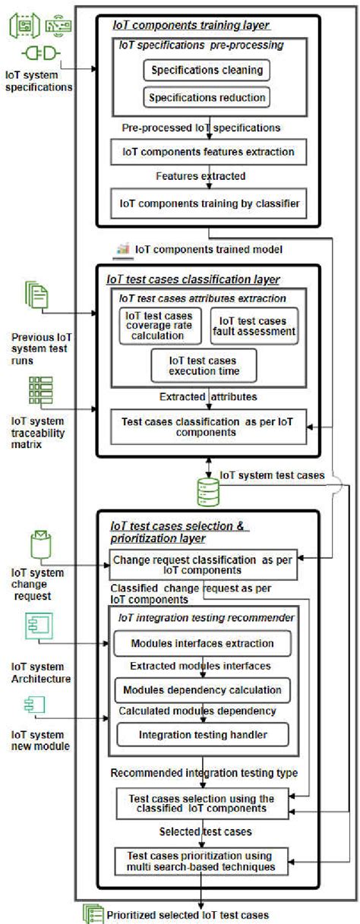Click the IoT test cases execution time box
(x=204, y=365)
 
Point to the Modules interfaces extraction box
(x=202, y=644)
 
